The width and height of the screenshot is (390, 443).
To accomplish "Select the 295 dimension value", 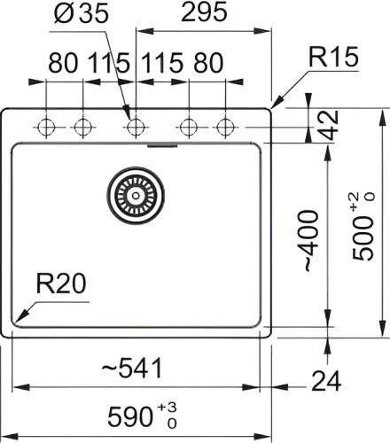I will pyautogui.click(x=203, y=14).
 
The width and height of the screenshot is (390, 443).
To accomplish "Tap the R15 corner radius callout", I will pyautogui.click(x=333, y=59).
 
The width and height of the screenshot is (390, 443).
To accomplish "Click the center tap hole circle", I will pyautogui.click(x=135, y=127).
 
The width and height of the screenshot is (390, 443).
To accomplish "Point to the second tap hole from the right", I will pyautogui.click(x=188, y=127).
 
